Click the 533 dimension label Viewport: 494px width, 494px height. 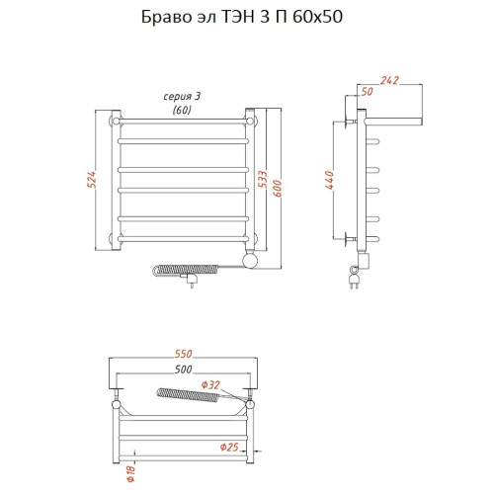click(x=264, y=178)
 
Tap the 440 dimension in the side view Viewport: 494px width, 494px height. click(x=328, y=180)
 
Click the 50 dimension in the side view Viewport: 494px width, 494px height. click(x=368, y=91)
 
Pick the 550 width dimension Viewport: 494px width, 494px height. click(x=183, y=355)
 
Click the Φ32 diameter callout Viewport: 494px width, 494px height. click(x=209, y=384)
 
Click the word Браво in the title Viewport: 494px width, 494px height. click(x=181, y=17)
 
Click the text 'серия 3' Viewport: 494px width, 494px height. click(x=182, y=96)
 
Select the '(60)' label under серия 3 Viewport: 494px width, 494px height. click(x=182, y=110)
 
